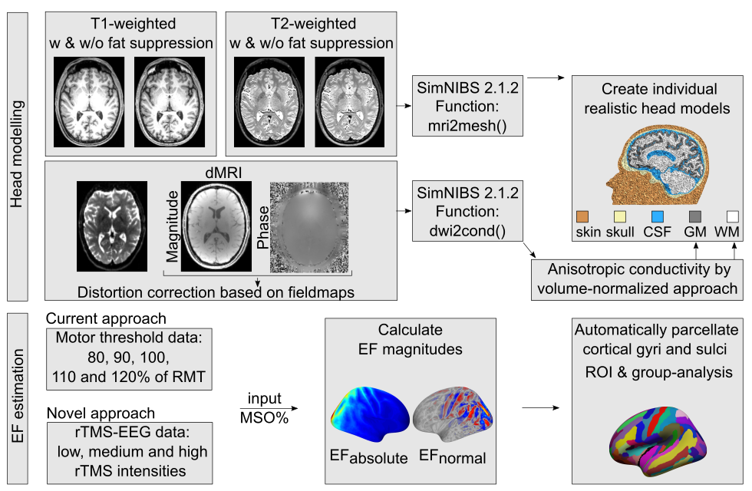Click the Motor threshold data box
click(130, 358)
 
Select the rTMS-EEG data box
click(130, 453)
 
